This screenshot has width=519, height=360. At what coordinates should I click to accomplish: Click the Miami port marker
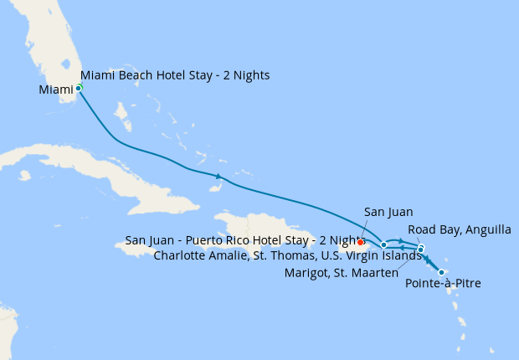click(x=79, y=87)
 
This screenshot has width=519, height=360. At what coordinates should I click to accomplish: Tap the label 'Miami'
click(x=56, y=89)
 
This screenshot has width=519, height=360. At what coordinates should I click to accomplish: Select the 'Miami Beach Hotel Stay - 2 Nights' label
click(x=175, y=75)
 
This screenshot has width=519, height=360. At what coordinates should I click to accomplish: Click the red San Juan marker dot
click(x=360, y=242)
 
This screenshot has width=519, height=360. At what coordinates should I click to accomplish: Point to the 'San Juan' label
click(x=389, y=213)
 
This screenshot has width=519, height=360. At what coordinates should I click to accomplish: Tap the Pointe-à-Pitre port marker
click(x=441, y=272)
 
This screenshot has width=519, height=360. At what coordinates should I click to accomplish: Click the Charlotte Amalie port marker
click(x=383, y=244)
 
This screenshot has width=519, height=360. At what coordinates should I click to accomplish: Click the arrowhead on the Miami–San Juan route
click(x=218, y=176)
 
